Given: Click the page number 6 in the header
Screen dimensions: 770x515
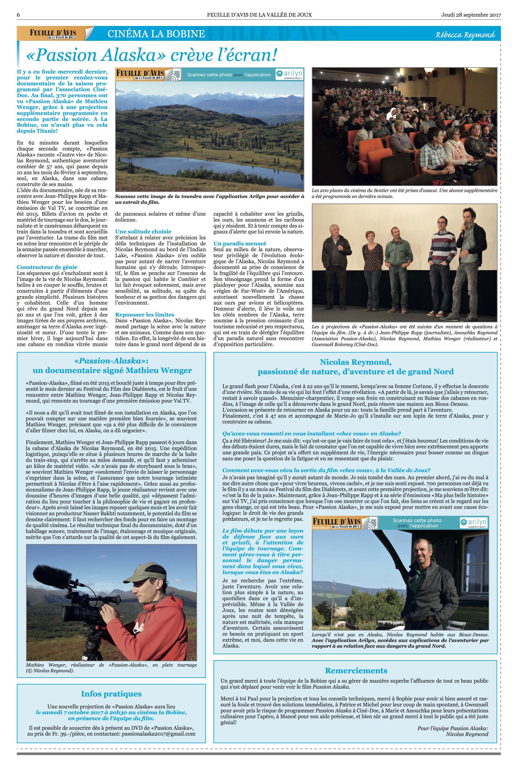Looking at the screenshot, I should pos(19,15).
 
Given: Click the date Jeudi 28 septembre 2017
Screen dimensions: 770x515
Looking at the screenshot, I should pos(471,15).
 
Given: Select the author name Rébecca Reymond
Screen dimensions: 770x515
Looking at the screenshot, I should pos(465,35).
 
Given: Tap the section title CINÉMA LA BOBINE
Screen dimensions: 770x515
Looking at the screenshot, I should pos(156,34).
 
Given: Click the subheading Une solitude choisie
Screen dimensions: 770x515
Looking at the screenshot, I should pos(143,231).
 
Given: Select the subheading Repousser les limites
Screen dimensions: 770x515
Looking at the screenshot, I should pos(145,314).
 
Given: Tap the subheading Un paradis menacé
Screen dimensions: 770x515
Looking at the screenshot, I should pos(240,243).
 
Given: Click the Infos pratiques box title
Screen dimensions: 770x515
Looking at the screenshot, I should pos(111,693).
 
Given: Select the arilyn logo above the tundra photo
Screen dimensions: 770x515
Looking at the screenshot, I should pos(289,74).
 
